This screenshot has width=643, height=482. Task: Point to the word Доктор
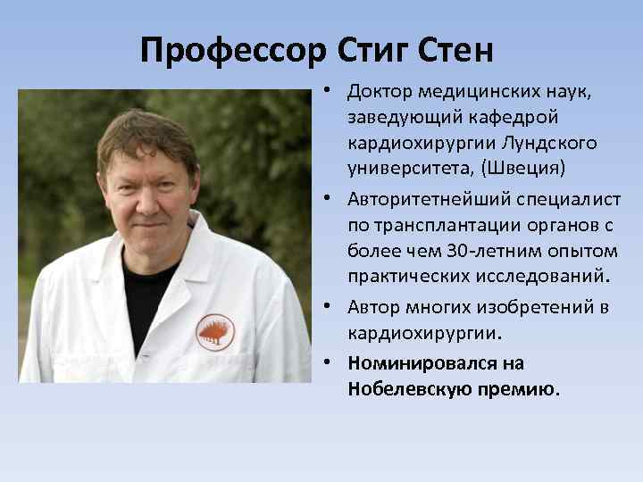(380, 92)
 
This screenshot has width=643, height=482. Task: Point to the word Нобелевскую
(402, 389)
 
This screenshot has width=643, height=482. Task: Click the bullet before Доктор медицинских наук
(330, 92)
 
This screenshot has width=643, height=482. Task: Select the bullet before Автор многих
(330, 307)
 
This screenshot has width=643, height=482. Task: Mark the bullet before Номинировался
(330, 363)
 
